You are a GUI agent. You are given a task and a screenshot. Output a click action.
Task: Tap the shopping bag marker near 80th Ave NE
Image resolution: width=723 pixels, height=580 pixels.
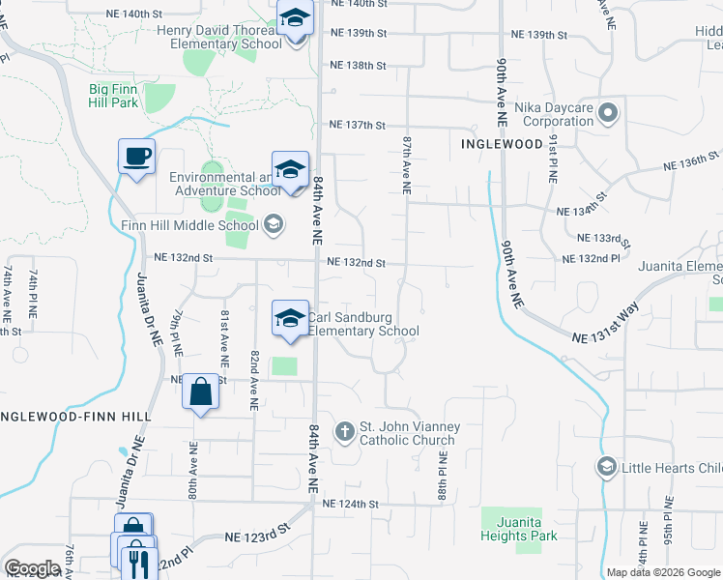point(199,392)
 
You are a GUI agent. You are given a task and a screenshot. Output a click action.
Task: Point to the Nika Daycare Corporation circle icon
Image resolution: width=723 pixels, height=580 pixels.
point(608,113)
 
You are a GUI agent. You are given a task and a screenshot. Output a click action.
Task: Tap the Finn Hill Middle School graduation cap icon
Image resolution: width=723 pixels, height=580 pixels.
point(273,225)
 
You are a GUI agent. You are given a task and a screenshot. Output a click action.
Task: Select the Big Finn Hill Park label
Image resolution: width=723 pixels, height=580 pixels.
point(127,95)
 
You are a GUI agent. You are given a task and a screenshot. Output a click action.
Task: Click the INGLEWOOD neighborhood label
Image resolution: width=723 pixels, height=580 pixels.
point(502,144)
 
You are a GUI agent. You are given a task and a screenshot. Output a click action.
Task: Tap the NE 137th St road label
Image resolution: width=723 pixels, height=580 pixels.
point(357,126)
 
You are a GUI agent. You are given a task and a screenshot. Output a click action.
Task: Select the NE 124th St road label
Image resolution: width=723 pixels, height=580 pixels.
point(352,505)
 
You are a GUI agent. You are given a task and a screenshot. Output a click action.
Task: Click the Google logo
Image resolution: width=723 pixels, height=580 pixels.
point(32,569)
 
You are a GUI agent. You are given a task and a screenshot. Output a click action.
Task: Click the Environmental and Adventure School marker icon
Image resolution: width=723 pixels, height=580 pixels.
point(290,169)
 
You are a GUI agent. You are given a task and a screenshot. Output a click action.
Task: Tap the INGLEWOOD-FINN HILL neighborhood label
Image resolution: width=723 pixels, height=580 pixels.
point(75,415)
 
